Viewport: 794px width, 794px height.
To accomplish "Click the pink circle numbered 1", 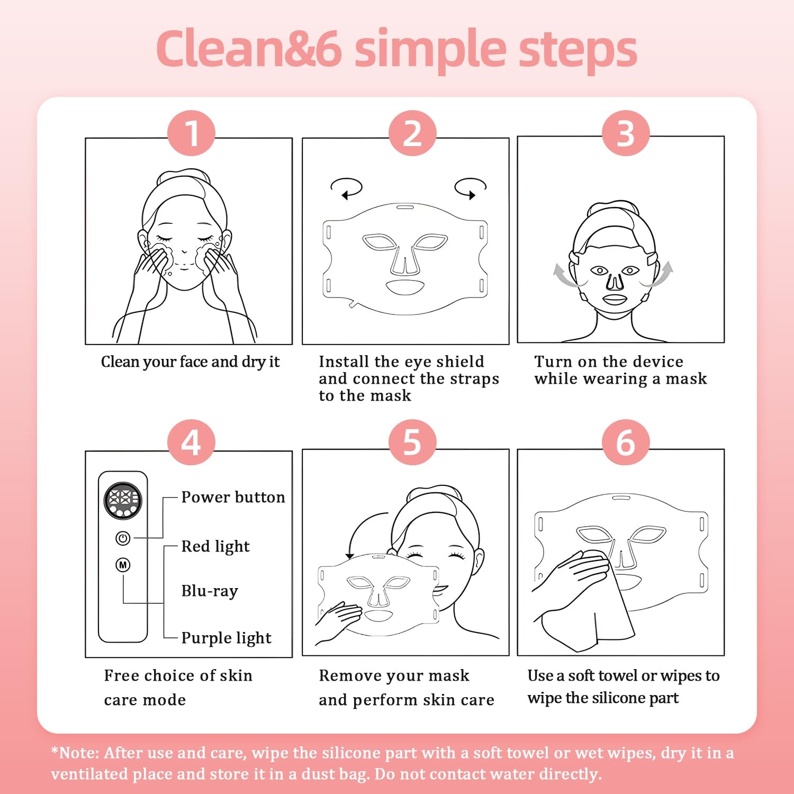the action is pyautogui.click(x=191, y=133).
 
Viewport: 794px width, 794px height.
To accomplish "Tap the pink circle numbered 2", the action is pyautogui.click(x=412, y=133).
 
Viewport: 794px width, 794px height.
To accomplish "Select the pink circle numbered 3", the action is pyautogui.click(x=626, y=133).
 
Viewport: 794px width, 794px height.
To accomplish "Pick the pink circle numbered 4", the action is pyautogui.click(x=191, y=442).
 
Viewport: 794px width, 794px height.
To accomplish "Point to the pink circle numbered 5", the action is pyautogui.click(x=412, y=442).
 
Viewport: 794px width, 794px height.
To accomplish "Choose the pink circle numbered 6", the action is pyautogui.click(x=626, y=442).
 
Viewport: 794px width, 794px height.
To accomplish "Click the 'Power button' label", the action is pyautogui.click(x=233, y=497).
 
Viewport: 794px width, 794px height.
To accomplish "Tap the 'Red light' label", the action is pyautogui.click(x=215, y=546).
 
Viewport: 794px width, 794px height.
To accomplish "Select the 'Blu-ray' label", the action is pyautogui.click(x=210, y=591).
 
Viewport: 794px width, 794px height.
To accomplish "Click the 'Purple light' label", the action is pyautogui.click(x=226, y=638).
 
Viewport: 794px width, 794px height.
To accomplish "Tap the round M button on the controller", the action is pyautogui.click(x=123, y=565).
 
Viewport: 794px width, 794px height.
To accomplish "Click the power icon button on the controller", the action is pyautogui.click(x=123, y=538).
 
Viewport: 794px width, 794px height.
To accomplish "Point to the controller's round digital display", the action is pyautogui.click(x=123, y=500).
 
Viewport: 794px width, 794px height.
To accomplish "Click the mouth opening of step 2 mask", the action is pyautogui.click(x=405, y=287).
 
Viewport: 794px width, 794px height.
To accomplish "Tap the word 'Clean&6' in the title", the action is pyautogui.click(x=249, y=49).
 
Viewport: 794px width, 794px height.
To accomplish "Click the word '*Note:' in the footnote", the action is pyautogui.click(x=75, y=753).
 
